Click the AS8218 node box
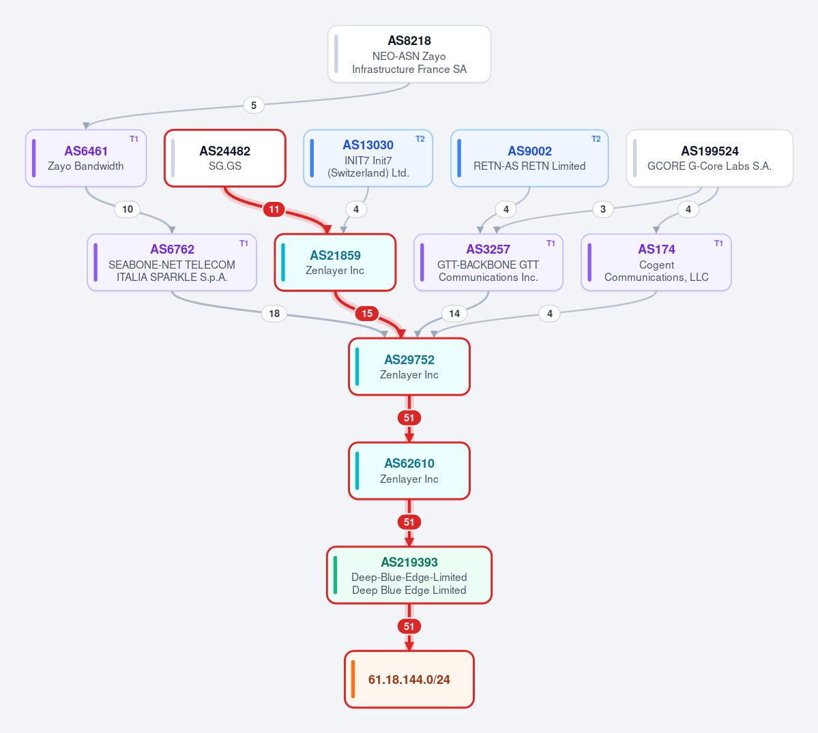409,55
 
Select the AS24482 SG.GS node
225,158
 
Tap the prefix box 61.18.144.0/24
409,679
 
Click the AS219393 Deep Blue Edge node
409,575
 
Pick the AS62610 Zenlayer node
409,470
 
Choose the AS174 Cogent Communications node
656,263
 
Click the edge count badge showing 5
254,105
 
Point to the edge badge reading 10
128,209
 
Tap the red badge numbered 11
274,209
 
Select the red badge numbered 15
367,314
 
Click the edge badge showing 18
274,314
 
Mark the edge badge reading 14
454,314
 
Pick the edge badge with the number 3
603,209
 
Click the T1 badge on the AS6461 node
134,138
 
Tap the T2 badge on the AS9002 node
596,138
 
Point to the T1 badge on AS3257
551,243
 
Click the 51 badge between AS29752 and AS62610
409,417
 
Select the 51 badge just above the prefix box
409,626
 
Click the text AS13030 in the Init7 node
368,145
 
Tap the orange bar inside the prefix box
353,679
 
